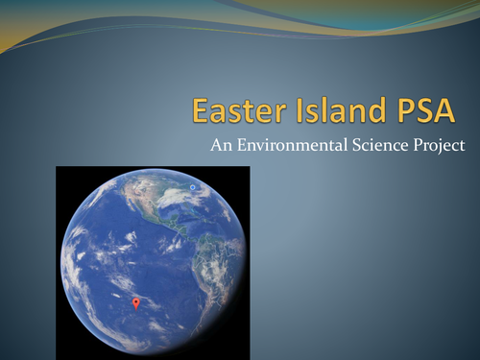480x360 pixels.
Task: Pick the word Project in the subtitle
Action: [441, 147]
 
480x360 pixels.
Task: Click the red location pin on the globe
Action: [135, 302]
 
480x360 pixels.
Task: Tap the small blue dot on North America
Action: [193, 186]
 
